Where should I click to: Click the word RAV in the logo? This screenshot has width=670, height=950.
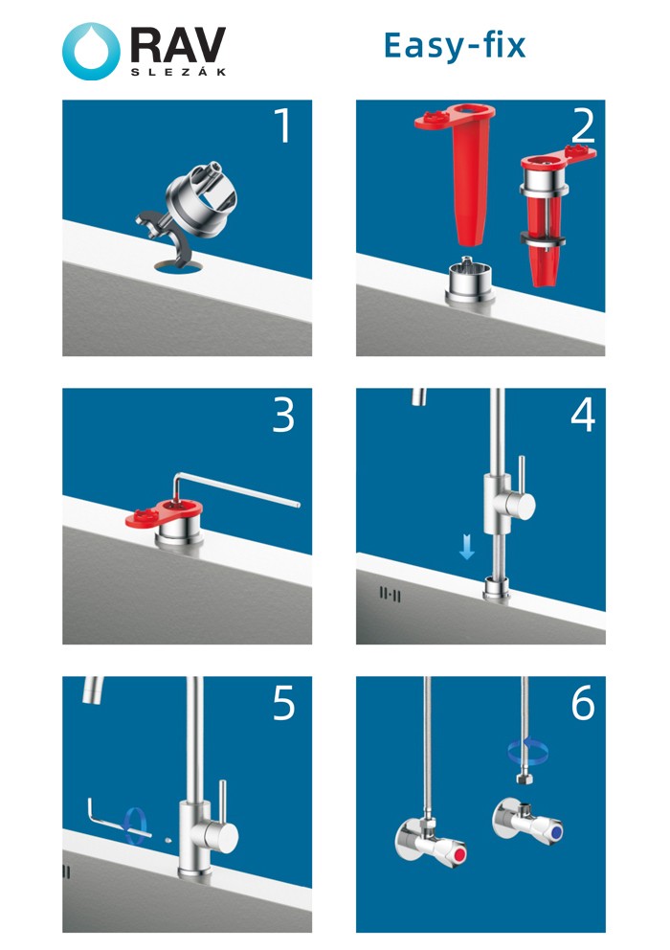point(178,44)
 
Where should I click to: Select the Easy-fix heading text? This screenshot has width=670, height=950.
point(455,45)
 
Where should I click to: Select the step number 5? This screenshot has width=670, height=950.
point(283,704)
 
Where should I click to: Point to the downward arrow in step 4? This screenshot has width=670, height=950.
point(466,547)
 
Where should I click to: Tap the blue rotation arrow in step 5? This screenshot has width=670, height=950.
point(138,824)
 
